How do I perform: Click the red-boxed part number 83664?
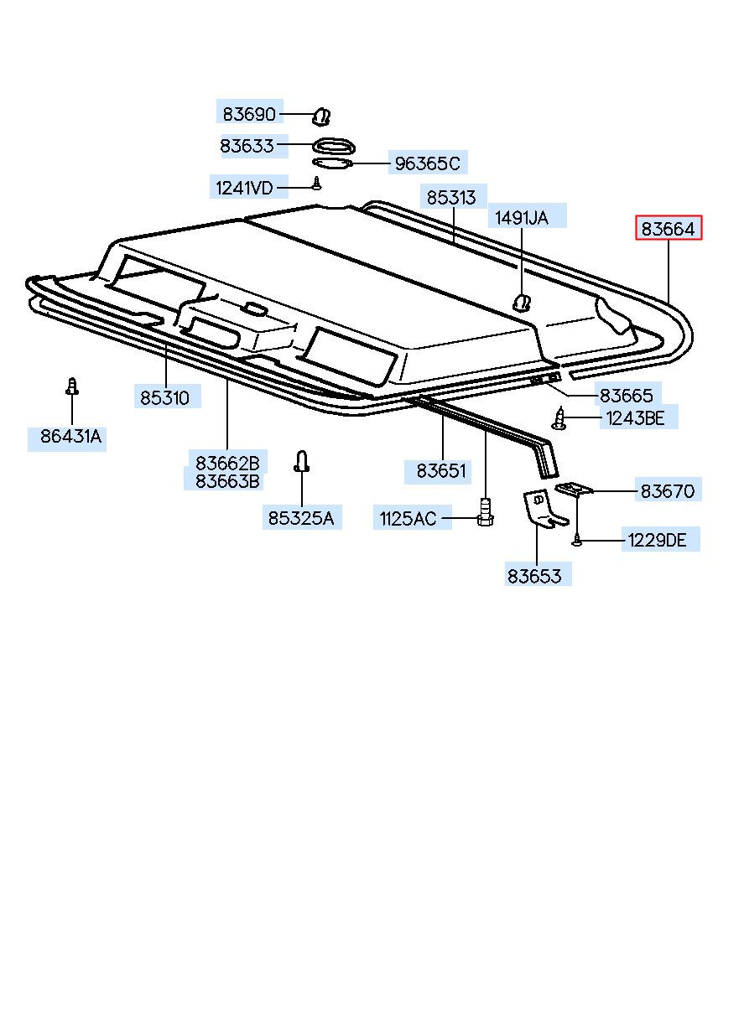click(669, 228)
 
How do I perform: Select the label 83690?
click(248, 112)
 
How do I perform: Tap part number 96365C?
click(427, 163)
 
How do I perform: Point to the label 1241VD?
click(244, 188)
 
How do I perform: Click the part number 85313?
click(450, 198)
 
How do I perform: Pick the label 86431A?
click(70, 436)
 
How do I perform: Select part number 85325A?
click(300, 518)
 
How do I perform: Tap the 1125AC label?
click(408, 519)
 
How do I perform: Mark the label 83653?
click(534, 576)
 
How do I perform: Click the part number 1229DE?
click(657, 541)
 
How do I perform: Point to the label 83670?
click(668, 491)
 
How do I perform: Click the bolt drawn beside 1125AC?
click(484, 511)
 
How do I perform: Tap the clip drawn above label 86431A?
click(72, 386)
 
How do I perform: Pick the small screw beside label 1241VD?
click(316, 184)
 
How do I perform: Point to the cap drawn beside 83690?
click(323, 115)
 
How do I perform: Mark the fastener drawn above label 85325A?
click(302, 461)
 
